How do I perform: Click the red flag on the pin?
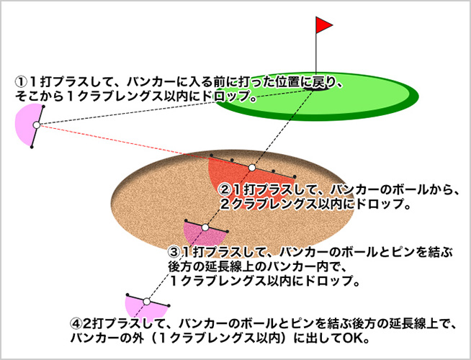coord(323,24)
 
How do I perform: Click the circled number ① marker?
coord(21,81)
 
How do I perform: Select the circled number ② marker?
coord(226,190)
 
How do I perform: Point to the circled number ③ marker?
coord(174,252)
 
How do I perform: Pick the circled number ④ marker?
coord(76,324)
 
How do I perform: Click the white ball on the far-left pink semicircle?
coord(37,125)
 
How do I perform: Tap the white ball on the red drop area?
coord(252,168)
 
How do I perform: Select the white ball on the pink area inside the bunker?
coord(205,228)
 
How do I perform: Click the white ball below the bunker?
coord(147,301)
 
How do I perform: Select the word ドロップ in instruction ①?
coord(226,96)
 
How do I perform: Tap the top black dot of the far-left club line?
coord(43,107)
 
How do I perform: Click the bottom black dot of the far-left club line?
coord(32,147)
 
